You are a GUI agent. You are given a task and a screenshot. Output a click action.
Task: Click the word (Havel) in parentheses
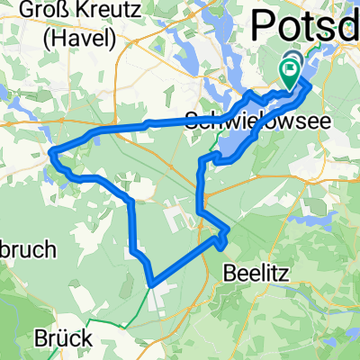[79, 40]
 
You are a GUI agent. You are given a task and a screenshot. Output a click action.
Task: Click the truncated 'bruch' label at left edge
[27, 249]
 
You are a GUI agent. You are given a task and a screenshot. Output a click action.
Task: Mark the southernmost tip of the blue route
[152, 283]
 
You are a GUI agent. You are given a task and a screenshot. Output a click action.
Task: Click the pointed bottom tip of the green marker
[290, 88]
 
